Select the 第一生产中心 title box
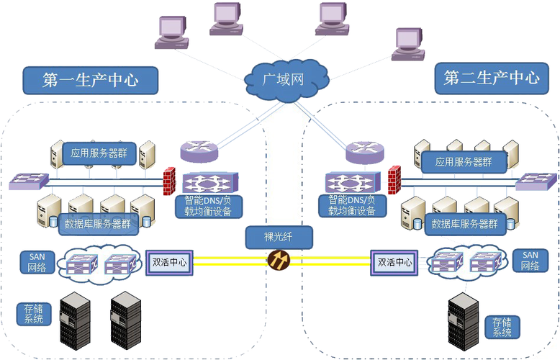pos(91,79)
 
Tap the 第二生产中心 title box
pos(492,78)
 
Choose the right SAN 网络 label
pos(530,261)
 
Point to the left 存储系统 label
pos(33,314)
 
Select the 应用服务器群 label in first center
pos(99,153)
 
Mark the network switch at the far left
pos(29,181)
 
